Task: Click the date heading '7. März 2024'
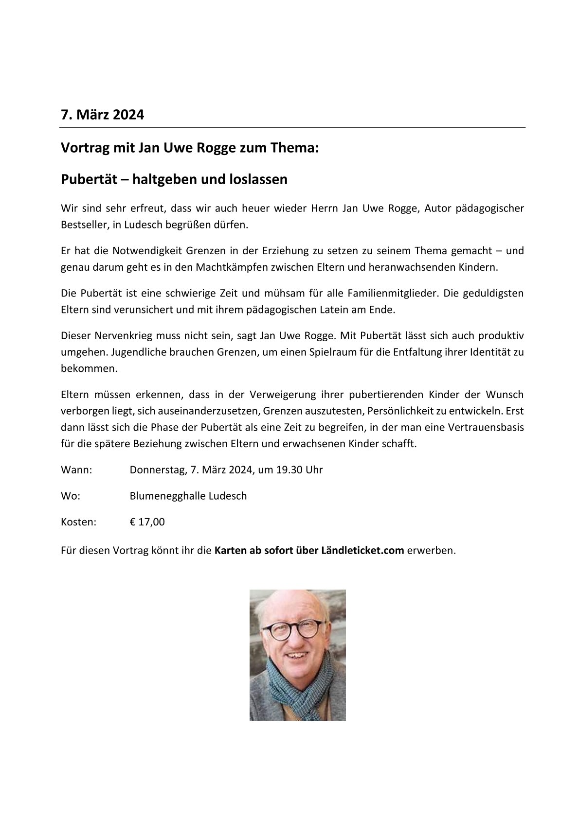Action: [x=102, y=115]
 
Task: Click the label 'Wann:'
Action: [x=76, y=470]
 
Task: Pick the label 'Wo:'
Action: [x=71, y=496]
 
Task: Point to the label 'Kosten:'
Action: [x=79, y=522]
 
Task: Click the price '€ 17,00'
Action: [x=147, y=522]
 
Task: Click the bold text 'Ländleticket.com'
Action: [x=362, y=551]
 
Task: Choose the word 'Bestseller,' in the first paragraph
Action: [x=83, y=225]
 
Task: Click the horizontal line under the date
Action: [x=292, y=128]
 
